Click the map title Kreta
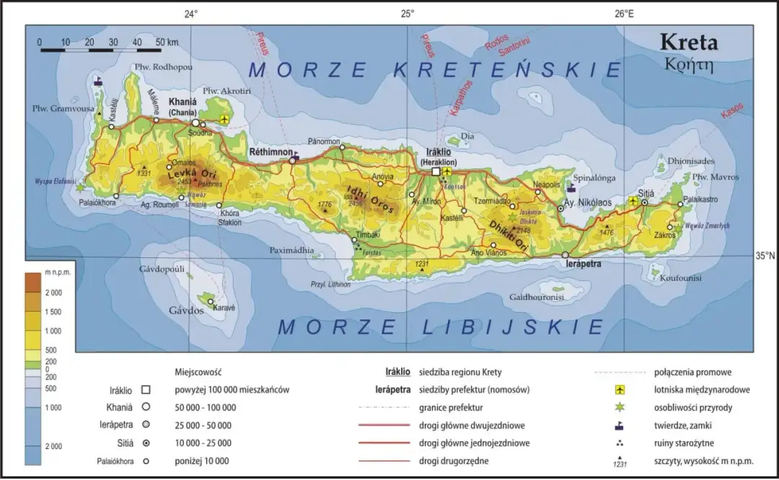[688, 43]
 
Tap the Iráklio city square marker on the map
[436, 172]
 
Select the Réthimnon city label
[270, 153]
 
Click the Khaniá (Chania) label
[185, 107]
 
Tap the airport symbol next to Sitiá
[633, 201]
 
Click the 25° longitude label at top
[407, 13]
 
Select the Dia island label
[467, 135]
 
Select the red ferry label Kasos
[731, 111]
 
